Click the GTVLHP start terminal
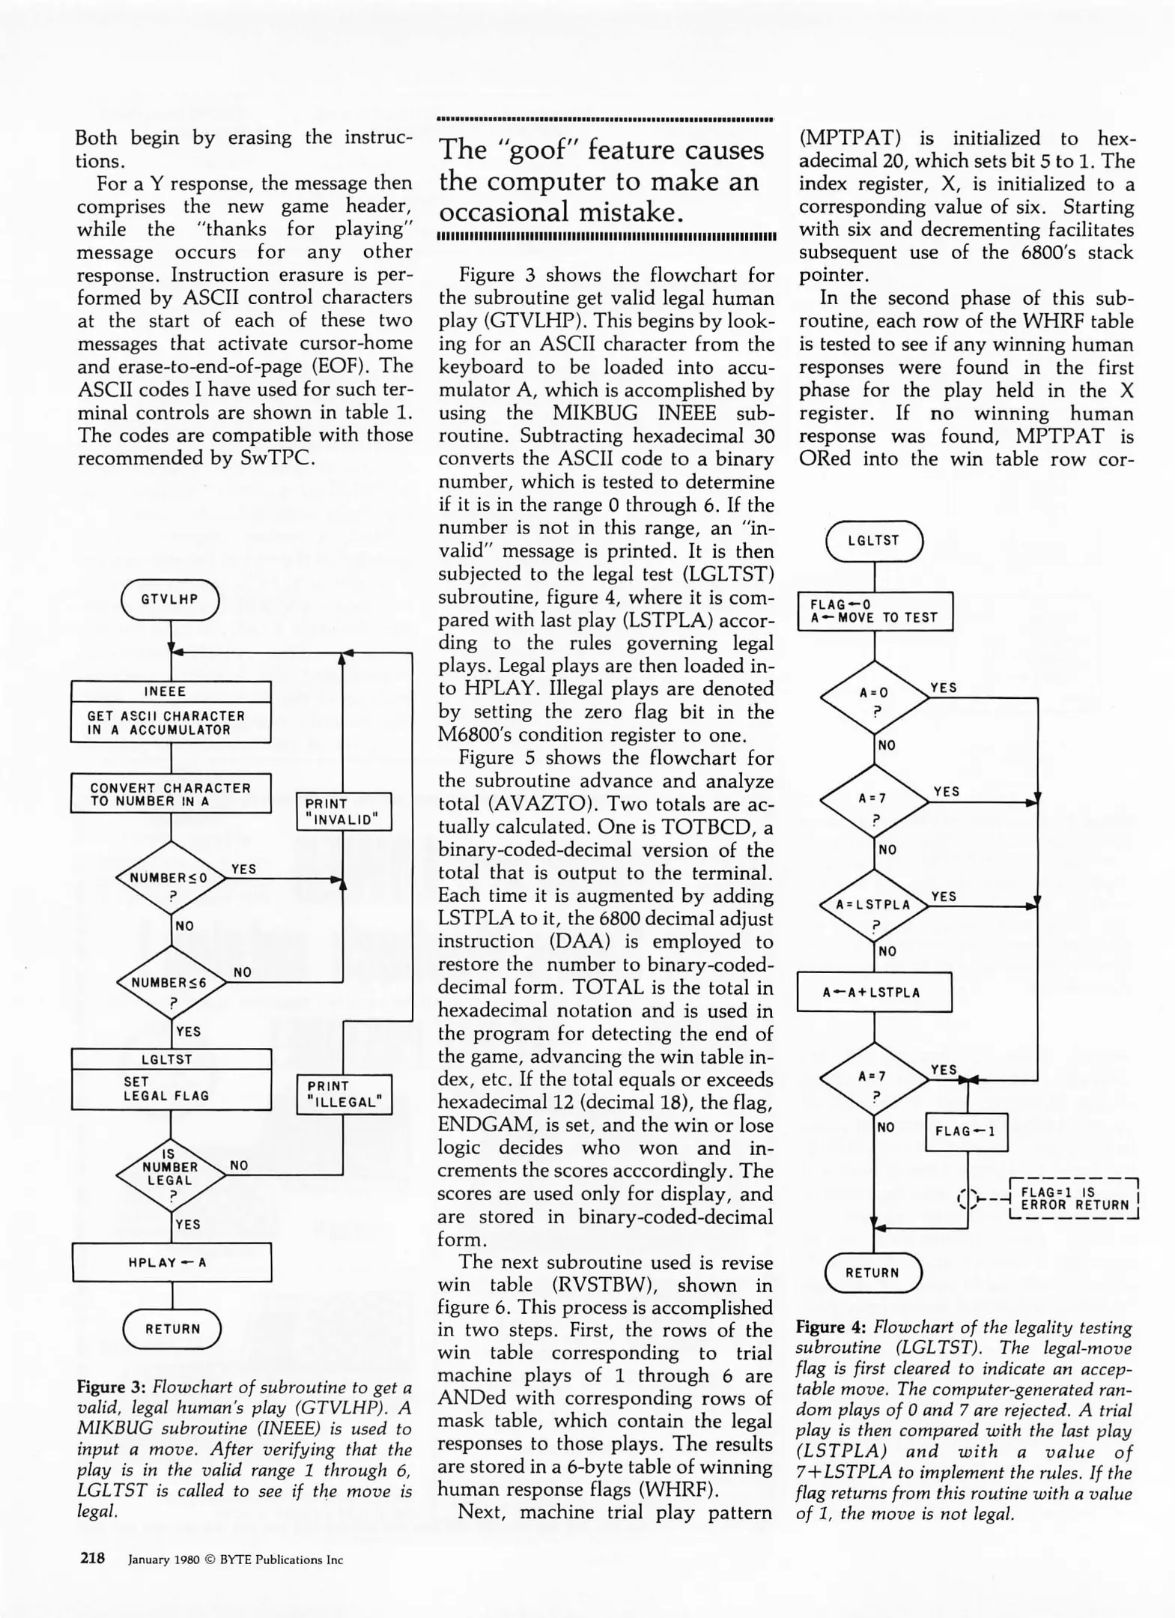pos(170,600)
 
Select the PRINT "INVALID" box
pos(344,812)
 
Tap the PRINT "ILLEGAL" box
pos(344,1094)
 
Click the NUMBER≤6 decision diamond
pos(171,983)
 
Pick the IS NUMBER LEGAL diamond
pos(171,1175)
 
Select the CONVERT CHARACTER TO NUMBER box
pos(171,794)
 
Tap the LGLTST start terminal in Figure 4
pos(874,540)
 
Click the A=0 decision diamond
pos(874,697)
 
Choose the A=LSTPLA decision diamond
pos(874,906)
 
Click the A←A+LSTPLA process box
pos(874,993)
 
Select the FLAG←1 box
pos(967,1131)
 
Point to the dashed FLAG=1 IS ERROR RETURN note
pos(1075,1199)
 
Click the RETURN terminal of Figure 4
pos(873,1273)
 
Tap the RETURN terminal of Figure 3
pos(172,1329)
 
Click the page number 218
pos(93,1559)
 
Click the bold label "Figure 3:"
pos(112,1387)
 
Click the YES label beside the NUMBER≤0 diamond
pos(244,869)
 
